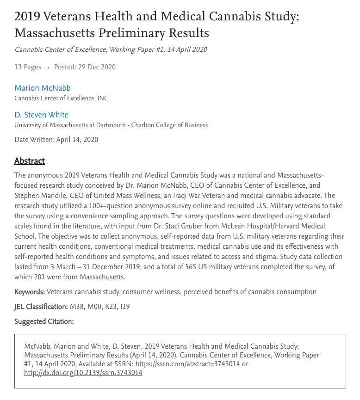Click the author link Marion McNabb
pos(42,88)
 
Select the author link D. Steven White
pos(41,115)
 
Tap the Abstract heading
pos(30,161)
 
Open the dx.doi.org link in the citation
pos(83,373)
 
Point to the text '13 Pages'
pos(28,67)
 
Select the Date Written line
pos(56,139)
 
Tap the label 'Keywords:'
pos(30,292)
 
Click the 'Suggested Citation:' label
pos(44,321)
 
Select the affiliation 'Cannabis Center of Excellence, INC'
pos(61,98)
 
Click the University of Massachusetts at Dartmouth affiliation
pos(111,125)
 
